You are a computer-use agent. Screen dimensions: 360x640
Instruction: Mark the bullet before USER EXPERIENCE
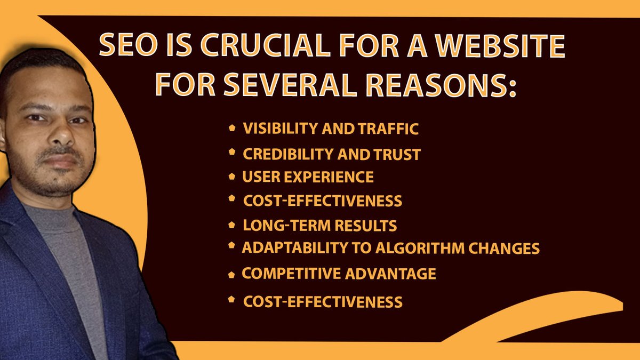(x=231, y=175)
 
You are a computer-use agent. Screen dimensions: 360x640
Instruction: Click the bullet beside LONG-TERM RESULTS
(x=231, y=225)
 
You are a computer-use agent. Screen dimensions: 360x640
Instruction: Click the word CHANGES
(x=506, y=249)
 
